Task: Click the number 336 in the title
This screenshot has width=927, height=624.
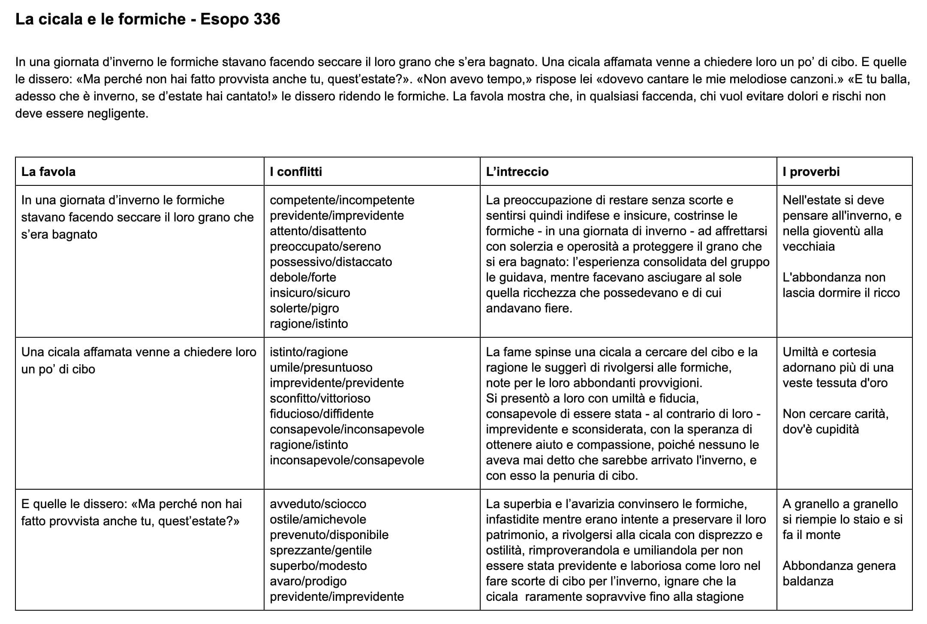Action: [x=266, y=19]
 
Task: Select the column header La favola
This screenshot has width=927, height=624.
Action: [x=48, y=172]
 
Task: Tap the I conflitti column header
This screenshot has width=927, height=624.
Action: [x=296, y=172]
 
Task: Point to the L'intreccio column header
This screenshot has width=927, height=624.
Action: [x=517, y=172]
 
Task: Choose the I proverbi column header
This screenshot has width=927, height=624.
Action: [x=811, y=172]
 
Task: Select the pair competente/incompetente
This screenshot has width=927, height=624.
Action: [x=342, y=200]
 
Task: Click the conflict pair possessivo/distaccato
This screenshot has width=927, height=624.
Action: [x=331, y=262]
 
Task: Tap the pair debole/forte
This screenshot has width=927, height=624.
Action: [x=303, y=277]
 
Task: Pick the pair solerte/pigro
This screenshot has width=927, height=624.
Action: [x=304, y=308]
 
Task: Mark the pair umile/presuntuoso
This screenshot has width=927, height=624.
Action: [x=321, y=367]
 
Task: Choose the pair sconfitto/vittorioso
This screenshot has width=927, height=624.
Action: [x=320, y=398]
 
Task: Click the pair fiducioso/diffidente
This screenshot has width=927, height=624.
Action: [x=322, y=414]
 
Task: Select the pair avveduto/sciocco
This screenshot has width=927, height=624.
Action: [x=318, y=504]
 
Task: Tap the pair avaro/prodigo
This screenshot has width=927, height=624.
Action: [x=308, y=581]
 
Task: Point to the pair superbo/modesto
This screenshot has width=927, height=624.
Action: [x=318, y=566]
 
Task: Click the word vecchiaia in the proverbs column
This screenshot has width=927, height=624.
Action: [x=808, y=246]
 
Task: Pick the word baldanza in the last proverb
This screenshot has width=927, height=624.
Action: [x=808, y=581]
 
